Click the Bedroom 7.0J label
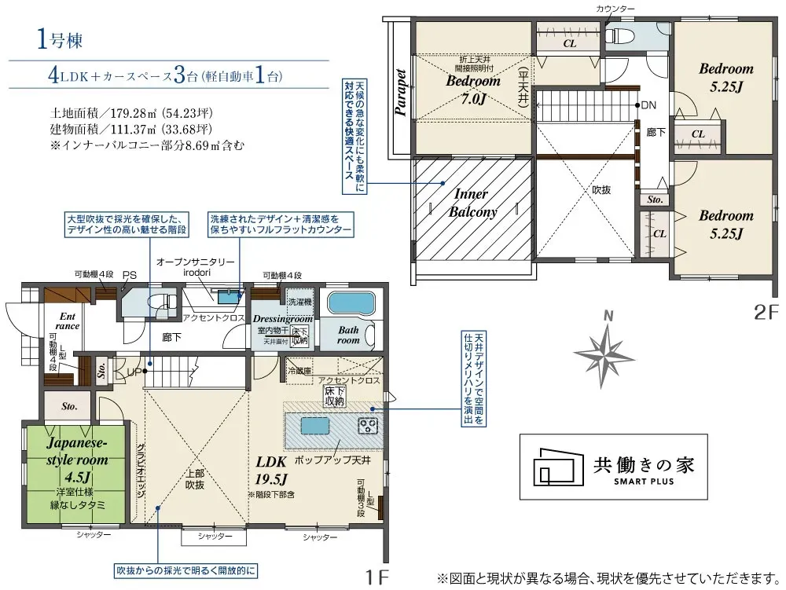point(473,89)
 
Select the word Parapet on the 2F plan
point(401,93)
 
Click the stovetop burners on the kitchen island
point(369,427)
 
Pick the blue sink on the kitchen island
point(312,425)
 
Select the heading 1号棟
point(60,40)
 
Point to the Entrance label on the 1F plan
point(69,321)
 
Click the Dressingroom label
point(283,320)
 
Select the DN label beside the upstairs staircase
point(648,105)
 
